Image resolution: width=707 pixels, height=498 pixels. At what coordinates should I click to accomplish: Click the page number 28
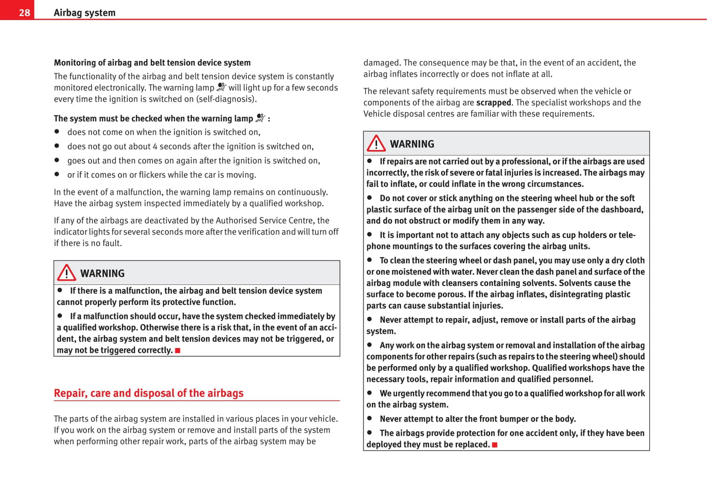tap(24, 13)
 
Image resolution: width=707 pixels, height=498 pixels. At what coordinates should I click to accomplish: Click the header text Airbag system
tap(85, 13)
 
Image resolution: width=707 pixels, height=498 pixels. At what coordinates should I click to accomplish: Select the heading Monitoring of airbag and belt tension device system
tap(152, 63)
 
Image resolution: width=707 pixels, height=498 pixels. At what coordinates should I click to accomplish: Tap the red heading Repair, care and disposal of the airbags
tap(148, 393)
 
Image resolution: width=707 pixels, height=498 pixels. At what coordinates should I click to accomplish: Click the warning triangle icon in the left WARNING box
tap(67, 273)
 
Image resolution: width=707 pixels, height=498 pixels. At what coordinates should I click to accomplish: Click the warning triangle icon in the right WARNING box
tap(376, 143)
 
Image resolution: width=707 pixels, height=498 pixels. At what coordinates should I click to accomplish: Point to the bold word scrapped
tap(493, 103)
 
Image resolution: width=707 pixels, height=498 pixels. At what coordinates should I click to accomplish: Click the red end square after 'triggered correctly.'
tap(178, 350)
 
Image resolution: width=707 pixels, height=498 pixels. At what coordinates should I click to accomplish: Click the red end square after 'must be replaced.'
tap(495, 445)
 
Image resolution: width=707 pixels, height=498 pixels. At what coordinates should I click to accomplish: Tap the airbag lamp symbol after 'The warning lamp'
tap(221, 87)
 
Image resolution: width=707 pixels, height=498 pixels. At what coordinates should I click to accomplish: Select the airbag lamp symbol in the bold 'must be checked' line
tap(260, 118)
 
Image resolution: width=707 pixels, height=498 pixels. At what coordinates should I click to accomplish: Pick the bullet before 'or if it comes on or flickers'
tap(57, 174)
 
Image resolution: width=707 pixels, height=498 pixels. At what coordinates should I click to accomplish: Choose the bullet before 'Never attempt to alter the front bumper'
tap(369, 418)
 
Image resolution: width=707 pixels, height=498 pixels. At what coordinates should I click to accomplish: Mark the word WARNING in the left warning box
tap(102, 274)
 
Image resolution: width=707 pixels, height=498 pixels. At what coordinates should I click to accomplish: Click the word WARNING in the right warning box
tap(412, 144)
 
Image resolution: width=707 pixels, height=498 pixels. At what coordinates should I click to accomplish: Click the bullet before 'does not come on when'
tap(57, 131)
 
